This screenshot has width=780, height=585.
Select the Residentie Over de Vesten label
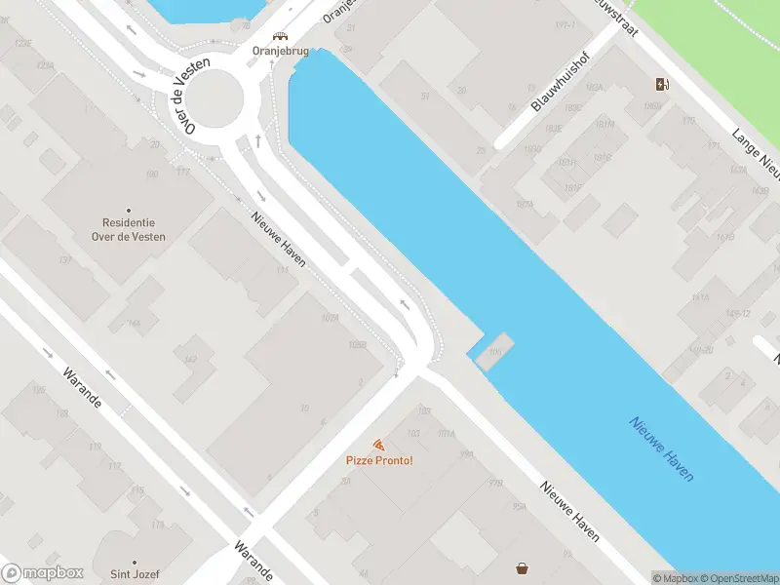click(x=134, y=229)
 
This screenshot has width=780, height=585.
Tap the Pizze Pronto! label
click(x=379, y=460)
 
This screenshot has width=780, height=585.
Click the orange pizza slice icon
click(x=379, y=445)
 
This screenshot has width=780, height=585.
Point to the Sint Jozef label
click(x=134, y=573)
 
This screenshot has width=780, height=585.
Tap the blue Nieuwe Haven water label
click(x=662, y=448)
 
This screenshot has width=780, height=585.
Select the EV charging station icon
click(x=662, y=84)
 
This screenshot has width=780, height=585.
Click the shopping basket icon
click(x=524, y=567)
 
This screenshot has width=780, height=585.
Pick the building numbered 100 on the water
click(x=494, y=351)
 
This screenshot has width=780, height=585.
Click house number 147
click(x=191, y=361)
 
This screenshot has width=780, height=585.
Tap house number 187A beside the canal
click(x=525, y=205)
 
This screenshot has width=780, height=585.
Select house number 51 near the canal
click(x=425, y=96)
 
